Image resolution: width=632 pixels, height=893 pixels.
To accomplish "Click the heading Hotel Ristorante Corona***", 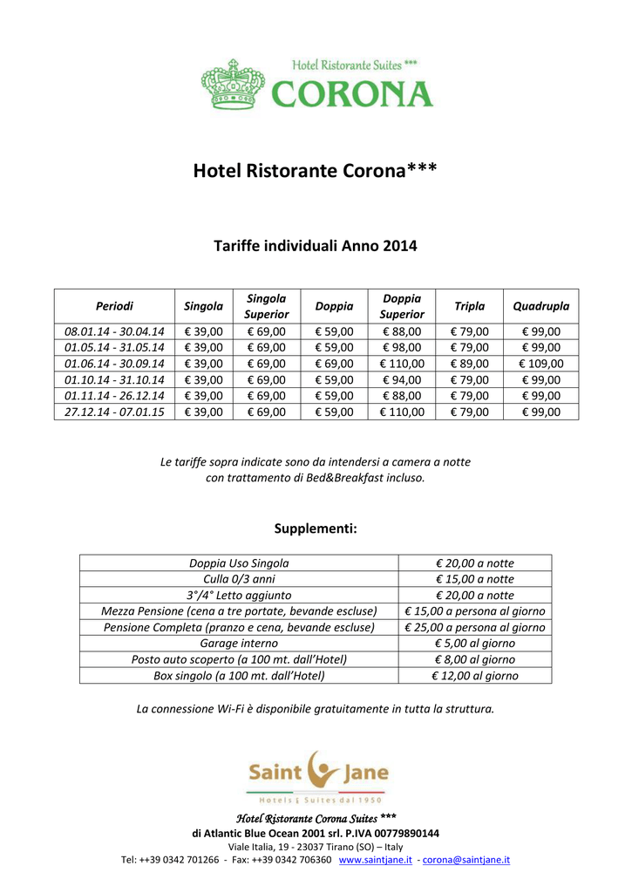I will pyautogui.click(x=315, y=170).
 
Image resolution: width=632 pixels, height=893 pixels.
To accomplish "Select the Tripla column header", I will pyautogui.click(x=470, y=306).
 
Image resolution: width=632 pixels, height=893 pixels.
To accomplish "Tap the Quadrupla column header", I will pyautogui.click(x=540, y=306).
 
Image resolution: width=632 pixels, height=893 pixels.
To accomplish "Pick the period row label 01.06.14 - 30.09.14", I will pyautogui.click(x=114, y=364).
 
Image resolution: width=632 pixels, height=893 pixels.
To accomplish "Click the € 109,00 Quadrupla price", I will pyautogui.click(x=540, y=364).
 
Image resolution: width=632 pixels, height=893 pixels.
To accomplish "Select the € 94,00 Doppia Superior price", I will pyautogui.click(x=402, y=379).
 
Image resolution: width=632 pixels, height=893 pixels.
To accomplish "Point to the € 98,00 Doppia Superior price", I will pyautogui.click(x=402, y=347).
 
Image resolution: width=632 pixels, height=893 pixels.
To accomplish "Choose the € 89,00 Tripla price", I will pyautogui.click(x=470, y=364).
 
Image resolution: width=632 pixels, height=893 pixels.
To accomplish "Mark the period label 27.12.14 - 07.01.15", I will pyautogui.click(x=114, y=412).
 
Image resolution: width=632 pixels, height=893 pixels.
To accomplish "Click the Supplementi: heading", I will pyautogui.click(x=316, y=528).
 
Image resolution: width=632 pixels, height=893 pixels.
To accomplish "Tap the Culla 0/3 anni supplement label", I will pyautogui.click(x=239, y=579).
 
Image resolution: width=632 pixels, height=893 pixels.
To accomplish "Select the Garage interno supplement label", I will pyautogui.click(x=239, y=644).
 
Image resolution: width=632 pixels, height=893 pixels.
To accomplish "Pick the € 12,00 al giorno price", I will pyautogui.click(x=475, y=675).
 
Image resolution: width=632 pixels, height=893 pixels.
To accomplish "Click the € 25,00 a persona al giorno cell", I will pyautogui.click(x=475, y=627).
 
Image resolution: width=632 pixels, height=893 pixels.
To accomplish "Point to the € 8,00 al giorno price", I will pyautogui.click(x=475, y=659).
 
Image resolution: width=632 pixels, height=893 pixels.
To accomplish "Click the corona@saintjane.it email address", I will pyautogui.click(x=466, y=859).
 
